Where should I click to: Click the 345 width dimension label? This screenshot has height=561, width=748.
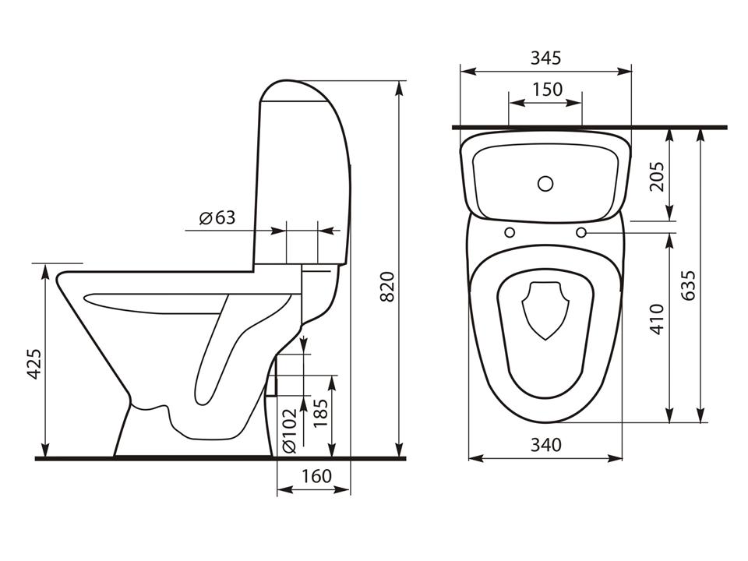click(545, 58)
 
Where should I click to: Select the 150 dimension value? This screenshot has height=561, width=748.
click(546, 90)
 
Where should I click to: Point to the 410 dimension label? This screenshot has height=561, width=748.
click(656, 319)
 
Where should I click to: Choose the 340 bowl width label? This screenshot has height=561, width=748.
click(545, 445)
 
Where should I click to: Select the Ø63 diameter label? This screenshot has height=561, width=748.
click(217, 217)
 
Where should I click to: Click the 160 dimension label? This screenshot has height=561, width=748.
click(316, 476)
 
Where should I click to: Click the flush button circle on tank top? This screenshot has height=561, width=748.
click(545, 184)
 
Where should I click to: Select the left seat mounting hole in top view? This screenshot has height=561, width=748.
click(510, 232)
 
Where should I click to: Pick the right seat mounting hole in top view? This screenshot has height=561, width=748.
click(581, 232)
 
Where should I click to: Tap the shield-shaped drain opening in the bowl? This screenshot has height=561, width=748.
click(545, 309)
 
